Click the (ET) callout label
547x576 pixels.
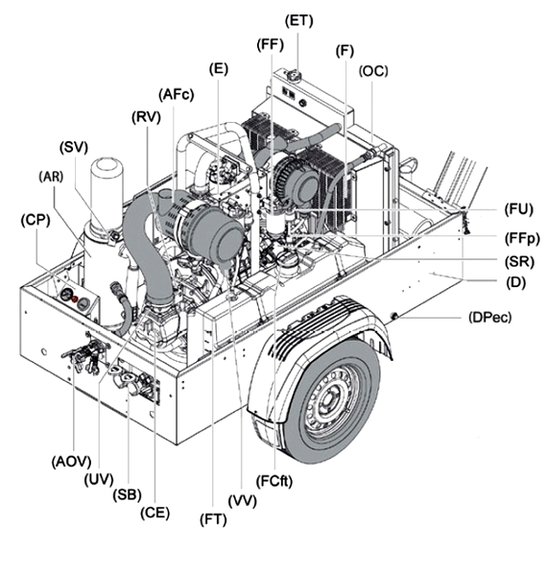click(298, 21)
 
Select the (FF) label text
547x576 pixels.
click(271, 45)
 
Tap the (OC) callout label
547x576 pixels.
click(373, 71)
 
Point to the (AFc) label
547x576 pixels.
click(177, 95)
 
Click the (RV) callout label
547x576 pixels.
click(146, 117)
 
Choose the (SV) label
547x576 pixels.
click(74, 147)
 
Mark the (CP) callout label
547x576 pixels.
click(36, 220)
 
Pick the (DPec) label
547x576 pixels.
click(489, 317)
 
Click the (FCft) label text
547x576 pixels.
click(274, 481)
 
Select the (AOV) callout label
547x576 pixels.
click(71, 462)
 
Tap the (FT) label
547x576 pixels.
click(213, 519)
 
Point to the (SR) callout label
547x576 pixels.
click(519, 262)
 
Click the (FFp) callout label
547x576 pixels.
click(522, 239)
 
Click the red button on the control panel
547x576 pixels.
click(74, 299)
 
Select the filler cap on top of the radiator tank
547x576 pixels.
click(293, 76)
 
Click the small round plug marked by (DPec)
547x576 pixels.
click(393, 315)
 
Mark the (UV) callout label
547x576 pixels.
click(99, 480)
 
